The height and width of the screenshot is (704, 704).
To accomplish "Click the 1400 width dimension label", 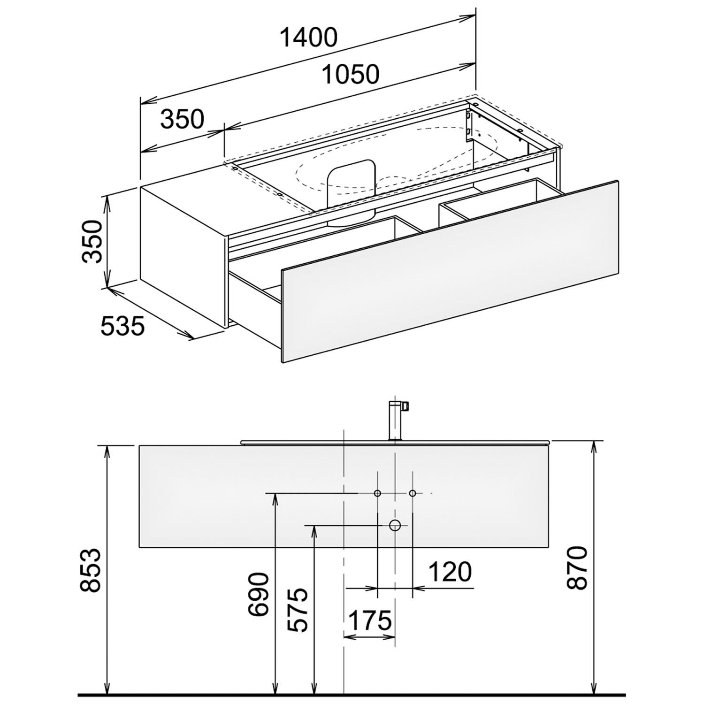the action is [x=308, y=38].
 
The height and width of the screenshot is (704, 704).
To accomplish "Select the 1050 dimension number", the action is [x=350, y=74].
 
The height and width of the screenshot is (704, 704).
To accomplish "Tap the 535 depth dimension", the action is [x=122, y=326].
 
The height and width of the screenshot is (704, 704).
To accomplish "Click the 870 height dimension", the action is [x=576, y=568].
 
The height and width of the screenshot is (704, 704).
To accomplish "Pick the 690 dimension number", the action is [x=259, y=594].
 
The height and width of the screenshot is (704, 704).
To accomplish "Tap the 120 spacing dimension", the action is [x=449, y=572].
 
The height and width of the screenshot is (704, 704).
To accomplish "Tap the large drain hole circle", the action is [x=395, y=525].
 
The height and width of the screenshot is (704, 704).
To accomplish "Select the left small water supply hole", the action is [x=377, y=493].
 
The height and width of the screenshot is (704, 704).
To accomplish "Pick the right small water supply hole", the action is [x=413, y=493].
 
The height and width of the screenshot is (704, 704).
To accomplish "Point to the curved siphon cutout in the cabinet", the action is [x=352, y=192].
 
